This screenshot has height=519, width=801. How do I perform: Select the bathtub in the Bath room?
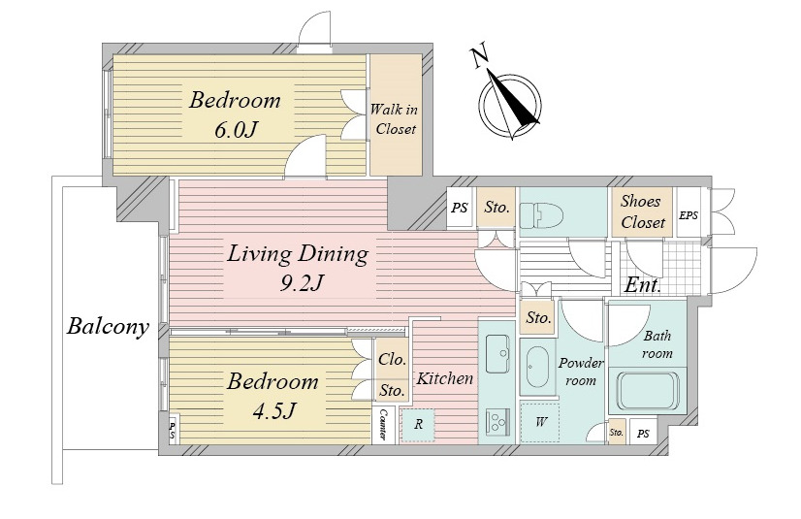[647, 391]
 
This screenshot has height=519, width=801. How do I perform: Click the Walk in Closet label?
[394, 119]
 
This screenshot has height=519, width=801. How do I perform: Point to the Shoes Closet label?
[643, 212]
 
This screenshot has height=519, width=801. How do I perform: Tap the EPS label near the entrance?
[689, 215]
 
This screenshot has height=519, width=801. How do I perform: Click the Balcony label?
[108, 326]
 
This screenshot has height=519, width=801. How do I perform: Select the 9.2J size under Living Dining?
[302, 282]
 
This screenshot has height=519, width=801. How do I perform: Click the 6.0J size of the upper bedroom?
[234, 130]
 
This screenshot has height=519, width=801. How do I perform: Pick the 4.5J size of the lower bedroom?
[274, 410]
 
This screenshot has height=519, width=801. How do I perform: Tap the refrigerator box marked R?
[418, 425]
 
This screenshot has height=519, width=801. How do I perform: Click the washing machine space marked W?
[540, 422]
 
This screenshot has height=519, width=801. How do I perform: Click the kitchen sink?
[497, 353]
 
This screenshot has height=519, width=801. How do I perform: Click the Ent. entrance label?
[643, 284]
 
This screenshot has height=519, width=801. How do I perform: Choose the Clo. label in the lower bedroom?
[392, 359]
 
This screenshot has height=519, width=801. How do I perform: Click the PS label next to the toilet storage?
[460, 208]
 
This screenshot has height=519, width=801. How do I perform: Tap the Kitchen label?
[444, 378]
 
